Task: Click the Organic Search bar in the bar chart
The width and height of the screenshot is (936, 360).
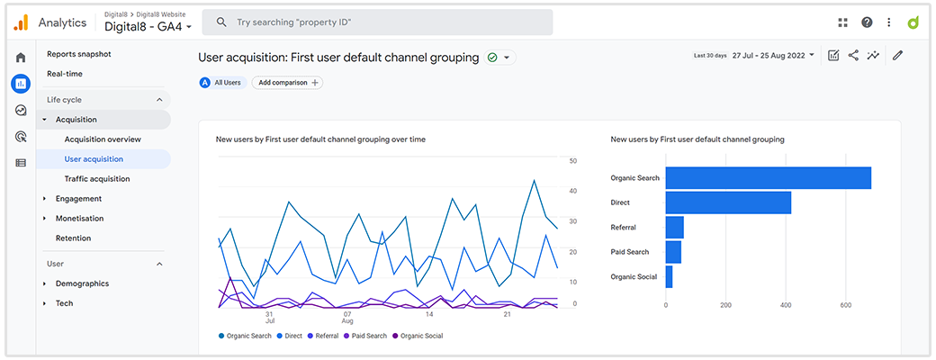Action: (768, 178)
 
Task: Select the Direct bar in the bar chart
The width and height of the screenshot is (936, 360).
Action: (727, 203)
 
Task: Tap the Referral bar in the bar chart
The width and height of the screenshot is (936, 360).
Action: (674, 228)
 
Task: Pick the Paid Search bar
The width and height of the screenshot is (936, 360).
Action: (673, 252)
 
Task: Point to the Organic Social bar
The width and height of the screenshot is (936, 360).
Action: (669, 277)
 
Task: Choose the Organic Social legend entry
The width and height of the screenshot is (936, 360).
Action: (421, 336)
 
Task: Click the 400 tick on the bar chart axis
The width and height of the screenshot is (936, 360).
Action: (786, 305)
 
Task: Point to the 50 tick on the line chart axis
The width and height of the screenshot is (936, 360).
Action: (573, 161)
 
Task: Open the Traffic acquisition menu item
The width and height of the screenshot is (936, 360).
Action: (97, 179)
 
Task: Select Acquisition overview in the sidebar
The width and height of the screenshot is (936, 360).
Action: (103, 139)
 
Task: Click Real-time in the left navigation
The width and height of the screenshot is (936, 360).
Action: (65, 74)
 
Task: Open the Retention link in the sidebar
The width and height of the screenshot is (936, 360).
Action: (74, 238)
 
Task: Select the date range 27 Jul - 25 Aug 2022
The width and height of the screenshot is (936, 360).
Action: (773, 55)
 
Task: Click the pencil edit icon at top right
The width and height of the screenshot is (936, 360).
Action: (897, 55)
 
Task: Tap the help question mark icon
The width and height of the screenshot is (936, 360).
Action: (867, 22)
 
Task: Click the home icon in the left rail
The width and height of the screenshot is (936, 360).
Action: (21, 58)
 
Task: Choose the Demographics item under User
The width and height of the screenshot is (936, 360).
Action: (82, 283)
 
